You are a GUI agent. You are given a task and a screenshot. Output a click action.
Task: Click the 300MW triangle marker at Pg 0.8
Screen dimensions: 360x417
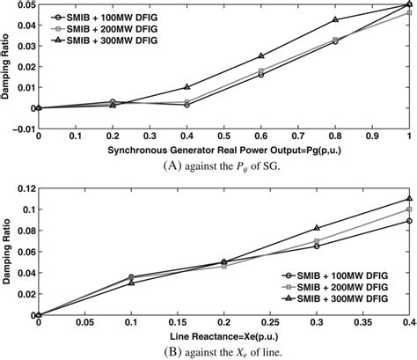click(x=335, y=19)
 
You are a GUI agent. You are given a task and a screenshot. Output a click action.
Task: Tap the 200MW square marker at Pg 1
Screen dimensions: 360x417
click(x=409, y=13)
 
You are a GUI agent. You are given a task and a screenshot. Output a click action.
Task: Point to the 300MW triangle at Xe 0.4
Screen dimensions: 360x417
click(x=409, y=198)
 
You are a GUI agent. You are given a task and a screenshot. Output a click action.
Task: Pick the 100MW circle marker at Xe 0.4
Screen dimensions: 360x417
click(x=409, y=221)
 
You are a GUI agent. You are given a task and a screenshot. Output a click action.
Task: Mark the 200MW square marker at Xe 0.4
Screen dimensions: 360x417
click(x=409, y=209)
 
